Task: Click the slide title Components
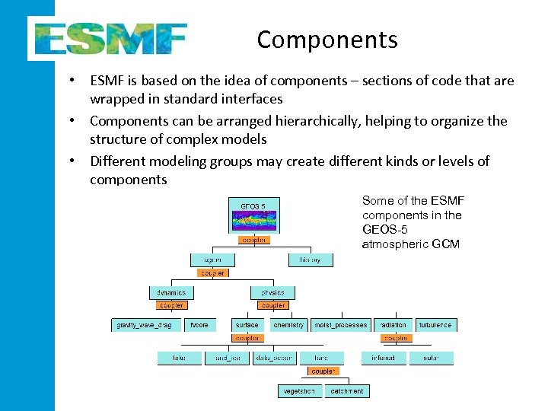[x=327, y=39]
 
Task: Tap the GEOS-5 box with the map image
[x=253, y=215]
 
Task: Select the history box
[x=310, y=260]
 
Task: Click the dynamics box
[x=170, y=292]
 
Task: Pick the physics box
[x=272, y=292]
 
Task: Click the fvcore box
[x=200, y=325]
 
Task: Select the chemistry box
[x=288, y=325]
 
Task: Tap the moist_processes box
[x=340, y=325]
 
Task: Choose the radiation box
[x=393, y=325]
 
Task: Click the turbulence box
[x=435, y=325]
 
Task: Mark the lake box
[x=179, y=358]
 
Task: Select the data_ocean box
[x=273, y=358]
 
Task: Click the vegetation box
[x=299, y=391]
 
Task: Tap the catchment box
[x=346, y=391]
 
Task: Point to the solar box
[x=431, y=358]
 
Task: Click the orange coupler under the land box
[x=323, y=371]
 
